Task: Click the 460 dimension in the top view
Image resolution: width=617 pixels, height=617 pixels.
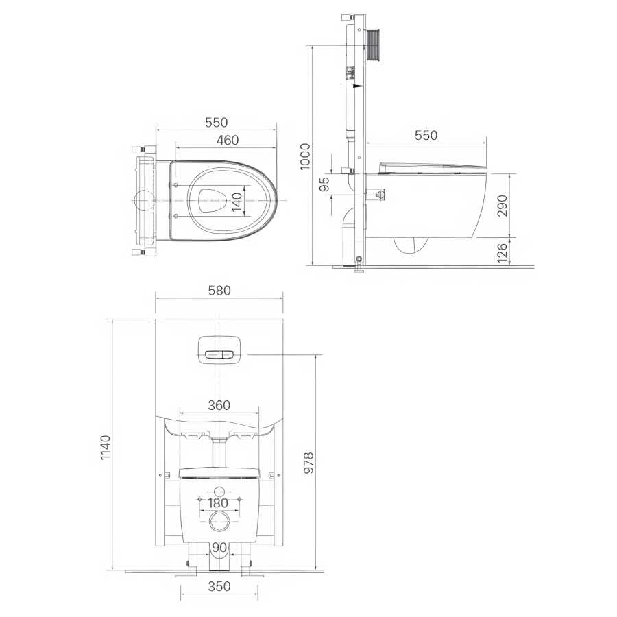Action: point(228,140)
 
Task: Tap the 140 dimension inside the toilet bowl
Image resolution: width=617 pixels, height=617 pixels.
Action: point(237,202)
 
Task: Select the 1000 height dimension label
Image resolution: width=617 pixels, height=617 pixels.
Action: point(305,156)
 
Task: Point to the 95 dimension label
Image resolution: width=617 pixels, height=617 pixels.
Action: point(324,184)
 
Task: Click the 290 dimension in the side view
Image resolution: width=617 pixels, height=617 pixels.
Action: point(503,206)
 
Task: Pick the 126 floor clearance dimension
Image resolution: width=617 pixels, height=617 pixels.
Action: point(503,252)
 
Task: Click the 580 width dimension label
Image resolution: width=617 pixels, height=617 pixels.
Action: point(219,291)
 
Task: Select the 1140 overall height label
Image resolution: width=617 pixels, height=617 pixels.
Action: point(106,448)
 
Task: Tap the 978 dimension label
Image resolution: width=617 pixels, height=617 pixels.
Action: point(308,463)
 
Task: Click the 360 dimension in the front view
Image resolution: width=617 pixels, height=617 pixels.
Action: point(219,405)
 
